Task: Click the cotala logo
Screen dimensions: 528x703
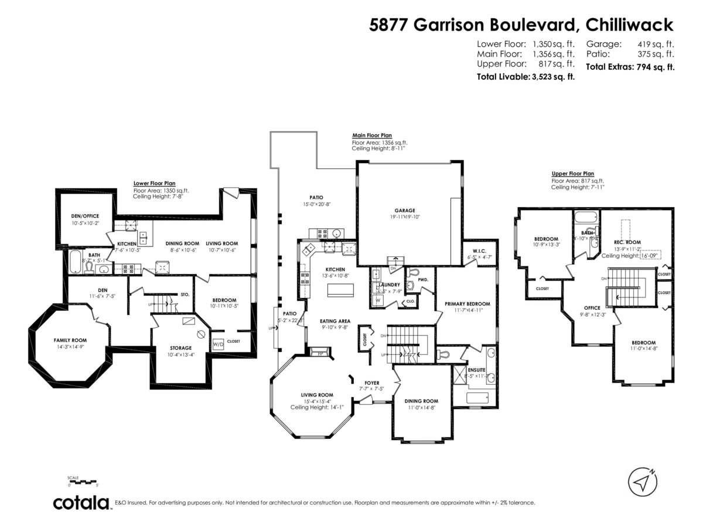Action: [x=82, y=503]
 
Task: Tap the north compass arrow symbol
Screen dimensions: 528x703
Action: [x=643, y=482]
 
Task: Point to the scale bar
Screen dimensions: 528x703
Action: [x=83, y=482]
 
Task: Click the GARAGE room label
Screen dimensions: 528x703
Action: [x=404, y=210]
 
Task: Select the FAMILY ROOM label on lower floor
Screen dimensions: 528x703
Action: [x=70, y=340]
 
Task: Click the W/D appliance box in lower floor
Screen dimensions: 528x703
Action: [x=217, y=344]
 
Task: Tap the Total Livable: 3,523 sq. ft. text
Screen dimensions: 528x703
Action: [x=525, y=77]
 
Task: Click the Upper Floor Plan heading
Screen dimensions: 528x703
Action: [x=572, y=174]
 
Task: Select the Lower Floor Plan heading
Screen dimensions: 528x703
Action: [x=154, y=183]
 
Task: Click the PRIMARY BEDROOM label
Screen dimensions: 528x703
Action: [x=467, y=303]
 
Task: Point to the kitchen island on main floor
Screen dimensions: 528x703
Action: [x=341, y=291]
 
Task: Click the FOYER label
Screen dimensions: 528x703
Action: [x=371, y=382]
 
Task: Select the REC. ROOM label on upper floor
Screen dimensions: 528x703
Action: [x=627, y=242]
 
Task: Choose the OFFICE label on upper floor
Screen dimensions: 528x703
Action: [x=592, y=307]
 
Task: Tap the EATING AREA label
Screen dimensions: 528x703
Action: [x=335, y=321]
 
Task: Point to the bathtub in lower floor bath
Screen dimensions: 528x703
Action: [x=76, y=263]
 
